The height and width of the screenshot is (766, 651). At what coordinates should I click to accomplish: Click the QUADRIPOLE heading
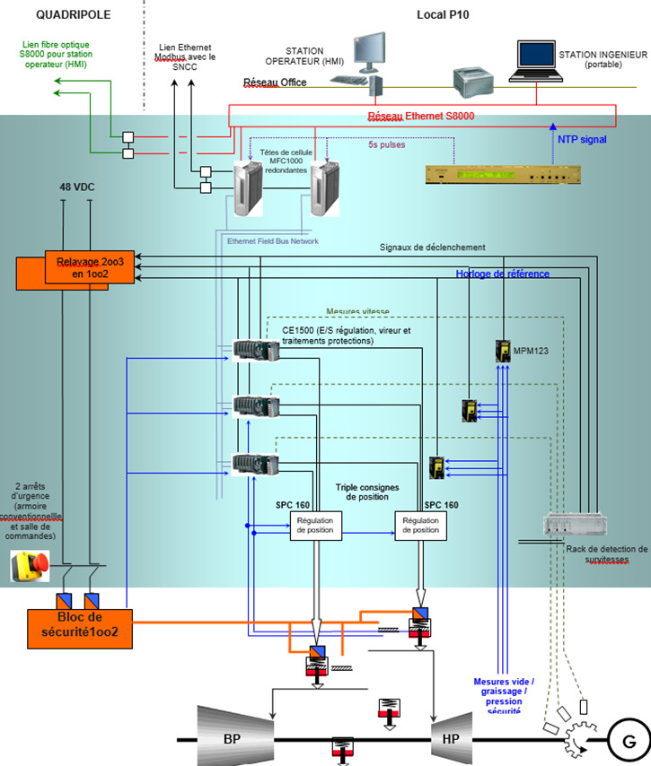74,15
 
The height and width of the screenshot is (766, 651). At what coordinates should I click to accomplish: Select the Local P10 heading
442,15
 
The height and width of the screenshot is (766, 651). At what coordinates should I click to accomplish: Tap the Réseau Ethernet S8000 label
420,116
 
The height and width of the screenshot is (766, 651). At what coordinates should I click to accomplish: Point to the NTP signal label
576,140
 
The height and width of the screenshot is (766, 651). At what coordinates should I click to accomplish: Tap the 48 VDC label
77,187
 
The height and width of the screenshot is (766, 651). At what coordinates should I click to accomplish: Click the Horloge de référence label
502,274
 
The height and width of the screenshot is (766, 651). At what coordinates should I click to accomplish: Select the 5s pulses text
387,143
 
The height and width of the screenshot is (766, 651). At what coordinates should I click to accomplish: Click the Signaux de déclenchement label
433,247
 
